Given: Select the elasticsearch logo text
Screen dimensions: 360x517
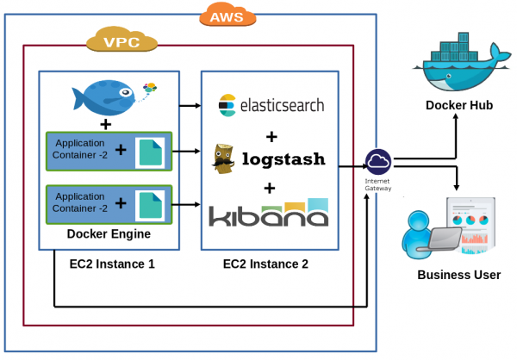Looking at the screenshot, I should tap(271, 106).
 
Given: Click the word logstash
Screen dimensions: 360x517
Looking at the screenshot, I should tap(283, 159).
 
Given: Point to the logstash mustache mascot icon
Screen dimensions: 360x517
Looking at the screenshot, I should tap(224, 159).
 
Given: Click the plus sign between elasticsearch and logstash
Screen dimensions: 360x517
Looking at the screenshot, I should tap(271, 136).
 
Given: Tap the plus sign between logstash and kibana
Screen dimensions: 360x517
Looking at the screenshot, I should tap(270, 188).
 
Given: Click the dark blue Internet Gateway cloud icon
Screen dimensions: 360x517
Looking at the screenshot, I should tap(377, 160).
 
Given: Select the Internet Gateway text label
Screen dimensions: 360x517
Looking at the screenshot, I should tap(377, 184).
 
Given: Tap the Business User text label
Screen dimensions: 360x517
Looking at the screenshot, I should tap(458, 276).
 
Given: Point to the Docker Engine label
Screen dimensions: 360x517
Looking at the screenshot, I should tap(109, 234).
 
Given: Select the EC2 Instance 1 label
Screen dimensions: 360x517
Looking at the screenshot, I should tap(112, 264).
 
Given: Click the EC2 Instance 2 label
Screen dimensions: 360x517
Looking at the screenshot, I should tap(265, 264).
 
